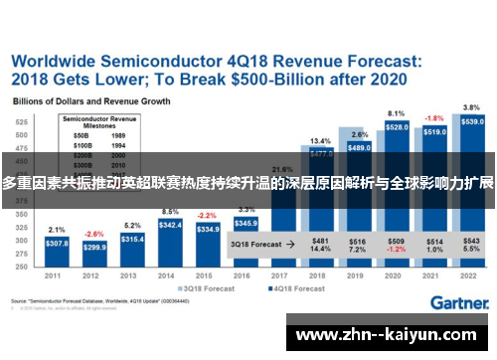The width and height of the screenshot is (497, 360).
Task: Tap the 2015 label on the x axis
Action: click(x=207, y=276)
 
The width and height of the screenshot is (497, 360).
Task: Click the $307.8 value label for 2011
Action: click(x=57, y=244)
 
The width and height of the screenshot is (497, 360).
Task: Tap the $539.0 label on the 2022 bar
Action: click(x=473, y=121)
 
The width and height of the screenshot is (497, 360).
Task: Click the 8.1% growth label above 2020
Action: click(x=397, y=113)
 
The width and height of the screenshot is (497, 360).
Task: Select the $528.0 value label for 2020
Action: click(x=397, y=127)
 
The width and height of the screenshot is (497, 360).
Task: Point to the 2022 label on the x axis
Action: click(x=472, y=276)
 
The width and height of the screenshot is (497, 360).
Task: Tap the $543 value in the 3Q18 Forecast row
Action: click(x=472, y=241)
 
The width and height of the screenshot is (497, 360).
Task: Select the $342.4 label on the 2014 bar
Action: click(x=169, y=226)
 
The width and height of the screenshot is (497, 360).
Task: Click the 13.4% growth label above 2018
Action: click(x=320, y=140)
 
